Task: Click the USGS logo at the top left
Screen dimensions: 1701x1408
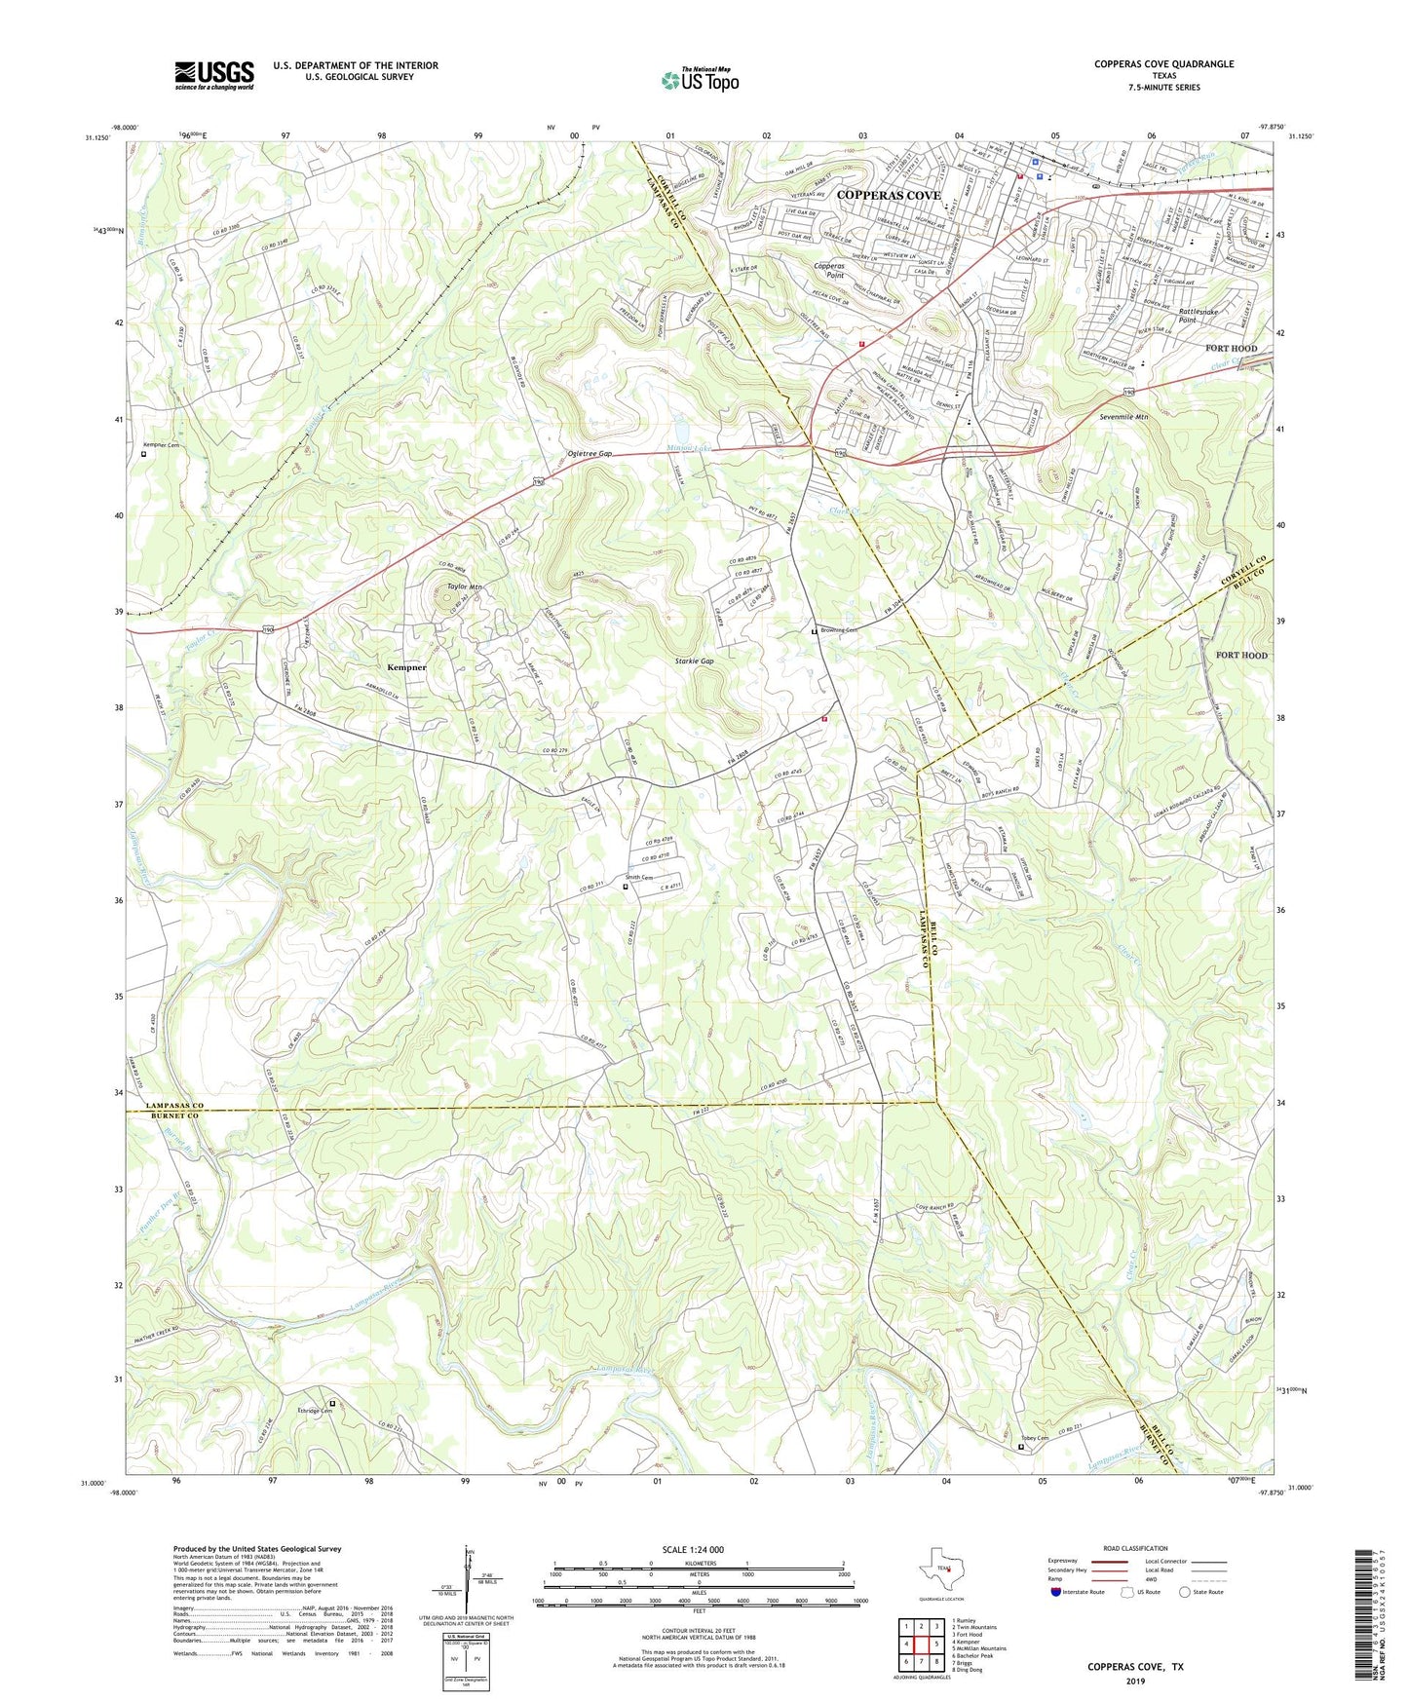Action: point(213,75)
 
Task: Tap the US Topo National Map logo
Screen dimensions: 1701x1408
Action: point(699,80)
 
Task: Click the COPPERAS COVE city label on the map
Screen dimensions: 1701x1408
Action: point(889,195)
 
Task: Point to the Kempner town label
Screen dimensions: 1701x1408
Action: point(406,667)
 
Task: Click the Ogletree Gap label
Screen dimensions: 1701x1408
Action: point(590,454)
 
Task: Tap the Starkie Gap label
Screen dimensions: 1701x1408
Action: point(694,661)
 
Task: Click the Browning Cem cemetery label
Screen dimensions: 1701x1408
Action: point(838,630)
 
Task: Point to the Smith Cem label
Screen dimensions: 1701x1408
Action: point(639,878)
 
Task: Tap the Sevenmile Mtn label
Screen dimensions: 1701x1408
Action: point(1123,417)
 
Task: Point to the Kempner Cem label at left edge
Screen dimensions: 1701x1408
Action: point(162,445)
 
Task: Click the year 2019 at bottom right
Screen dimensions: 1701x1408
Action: point(1135,1681)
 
